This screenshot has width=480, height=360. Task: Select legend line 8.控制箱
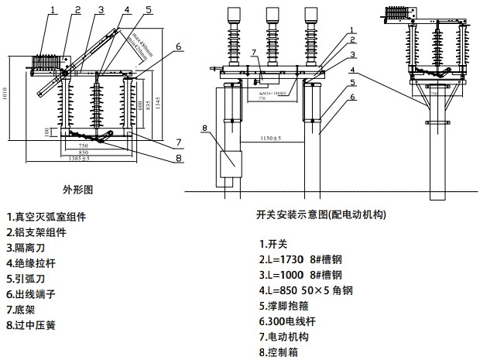pos(279,352)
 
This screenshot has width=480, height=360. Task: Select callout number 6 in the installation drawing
pos(351,98)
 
